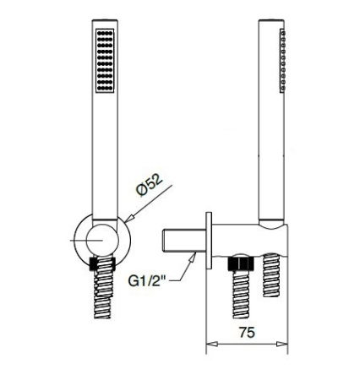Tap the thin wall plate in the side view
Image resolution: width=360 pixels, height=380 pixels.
point(207,240)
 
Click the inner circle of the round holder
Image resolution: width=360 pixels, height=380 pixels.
point(102,238)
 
